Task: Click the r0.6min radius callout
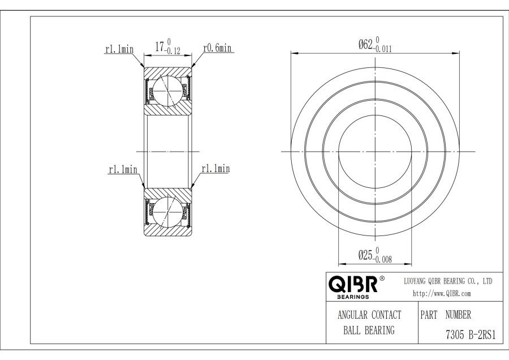click(217, 48)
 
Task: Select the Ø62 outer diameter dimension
click(375, 45)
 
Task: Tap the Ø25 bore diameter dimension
click(375, 255)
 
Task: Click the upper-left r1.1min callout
click(119, 49)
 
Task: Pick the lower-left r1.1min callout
click(123, 170)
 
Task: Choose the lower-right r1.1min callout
click(215, 169)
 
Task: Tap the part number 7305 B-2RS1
click(471, 335)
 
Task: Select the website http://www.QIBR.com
click(442, 293)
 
